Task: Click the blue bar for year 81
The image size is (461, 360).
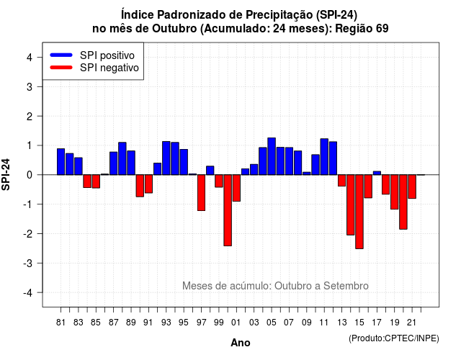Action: [x=61, y=161]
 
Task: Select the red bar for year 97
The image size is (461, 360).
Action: [x=201, y=193]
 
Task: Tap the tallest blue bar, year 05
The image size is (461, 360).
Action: [x=272, y=156]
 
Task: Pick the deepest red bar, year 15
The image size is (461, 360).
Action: [x=359, y=212]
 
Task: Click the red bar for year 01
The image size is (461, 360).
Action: [x=236, y=188]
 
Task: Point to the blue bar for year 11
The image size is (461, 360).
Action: [x=324, y=157]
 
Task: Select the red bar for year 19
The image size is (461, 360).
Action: [x=394, y=192]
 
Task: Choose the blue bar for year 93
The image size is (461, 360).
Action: [x=166, y=158]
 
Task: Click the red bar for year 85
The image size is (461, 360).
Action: [x=96, y=181]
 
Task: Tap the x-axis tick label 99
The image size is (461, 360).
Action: [x=219, y=323]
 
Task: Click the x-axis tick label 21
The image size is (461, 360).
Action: [x=411, y=323]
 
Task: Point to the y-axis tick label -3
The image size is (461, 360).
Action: [x=29, y=263]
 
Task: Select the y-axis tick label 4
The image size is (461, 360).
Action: [x=30, y=57]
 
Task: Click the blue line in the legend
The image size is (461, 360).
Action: [x=61, y=55]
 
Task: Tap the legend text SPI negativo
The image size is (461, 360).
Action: [x=109, y=68]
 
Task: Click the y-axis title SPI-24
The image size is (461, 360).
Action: [x=6, y=174]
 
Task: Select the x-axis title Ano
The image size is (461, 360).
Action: [x=241, y=343]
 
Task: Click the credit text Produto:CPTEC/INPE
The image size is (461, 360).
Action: [x=394, y=338]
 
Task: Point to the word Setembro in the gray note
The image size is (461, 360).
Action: [x=346, y=286]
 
